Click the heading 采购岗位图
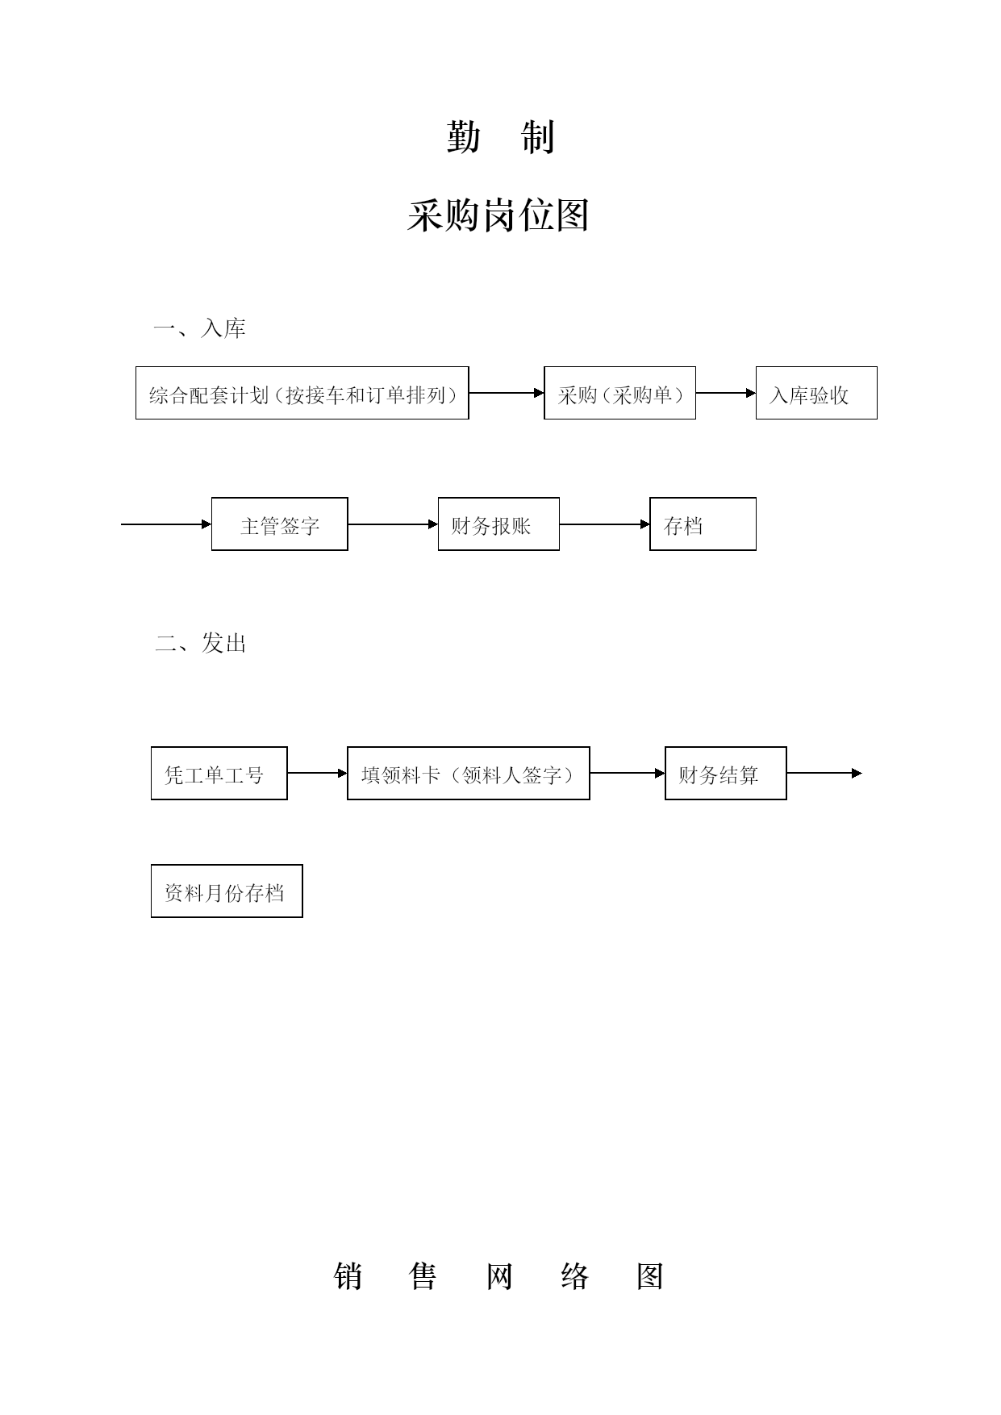point(498,216)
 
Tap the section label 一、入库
point(200,328)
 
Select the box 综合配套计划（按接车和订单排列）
point(302,393)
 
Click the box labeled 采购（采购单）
point(619,393)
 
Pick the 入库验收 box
point(816,393)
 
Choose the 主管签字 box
point(280,524)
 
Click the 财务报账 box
point(498,524)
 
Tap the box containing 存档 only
point(703,524)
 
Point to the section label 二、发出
point(201,643)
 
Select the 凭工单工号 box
point(219,774)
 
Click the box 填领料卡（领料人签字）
point(469,774)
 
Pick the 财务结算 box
point(726,774)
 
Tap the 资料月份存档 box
point(227,891)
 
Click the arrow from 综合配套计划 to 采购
point(507,393)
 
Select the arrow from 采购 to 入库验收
point(726,393)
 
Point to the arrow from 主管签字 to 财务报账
point(393,524)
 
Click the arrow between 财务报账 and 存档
point(605,524)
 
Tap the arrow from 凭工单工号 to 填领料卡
point(318,773)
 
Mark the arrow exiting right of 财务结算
point(824,773)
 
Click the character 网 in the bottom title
point(499,1277)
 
